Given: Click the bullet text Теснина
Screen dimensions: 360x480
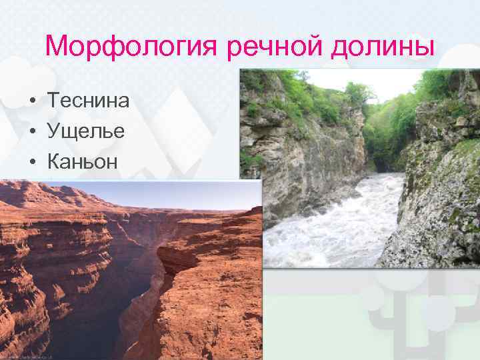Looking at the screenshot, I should [88, 101].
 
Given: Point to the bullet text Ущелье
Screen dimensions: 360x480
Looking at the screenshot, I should [85, 131].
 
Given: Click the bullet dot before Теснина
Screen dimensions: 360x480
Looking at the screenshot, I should [32, 101].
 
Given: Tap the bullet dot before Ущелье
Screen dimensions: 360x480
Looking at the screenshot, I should [32, 131].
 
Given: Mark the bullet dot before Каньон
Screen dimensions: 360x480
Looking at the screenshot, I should [32, 161].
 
